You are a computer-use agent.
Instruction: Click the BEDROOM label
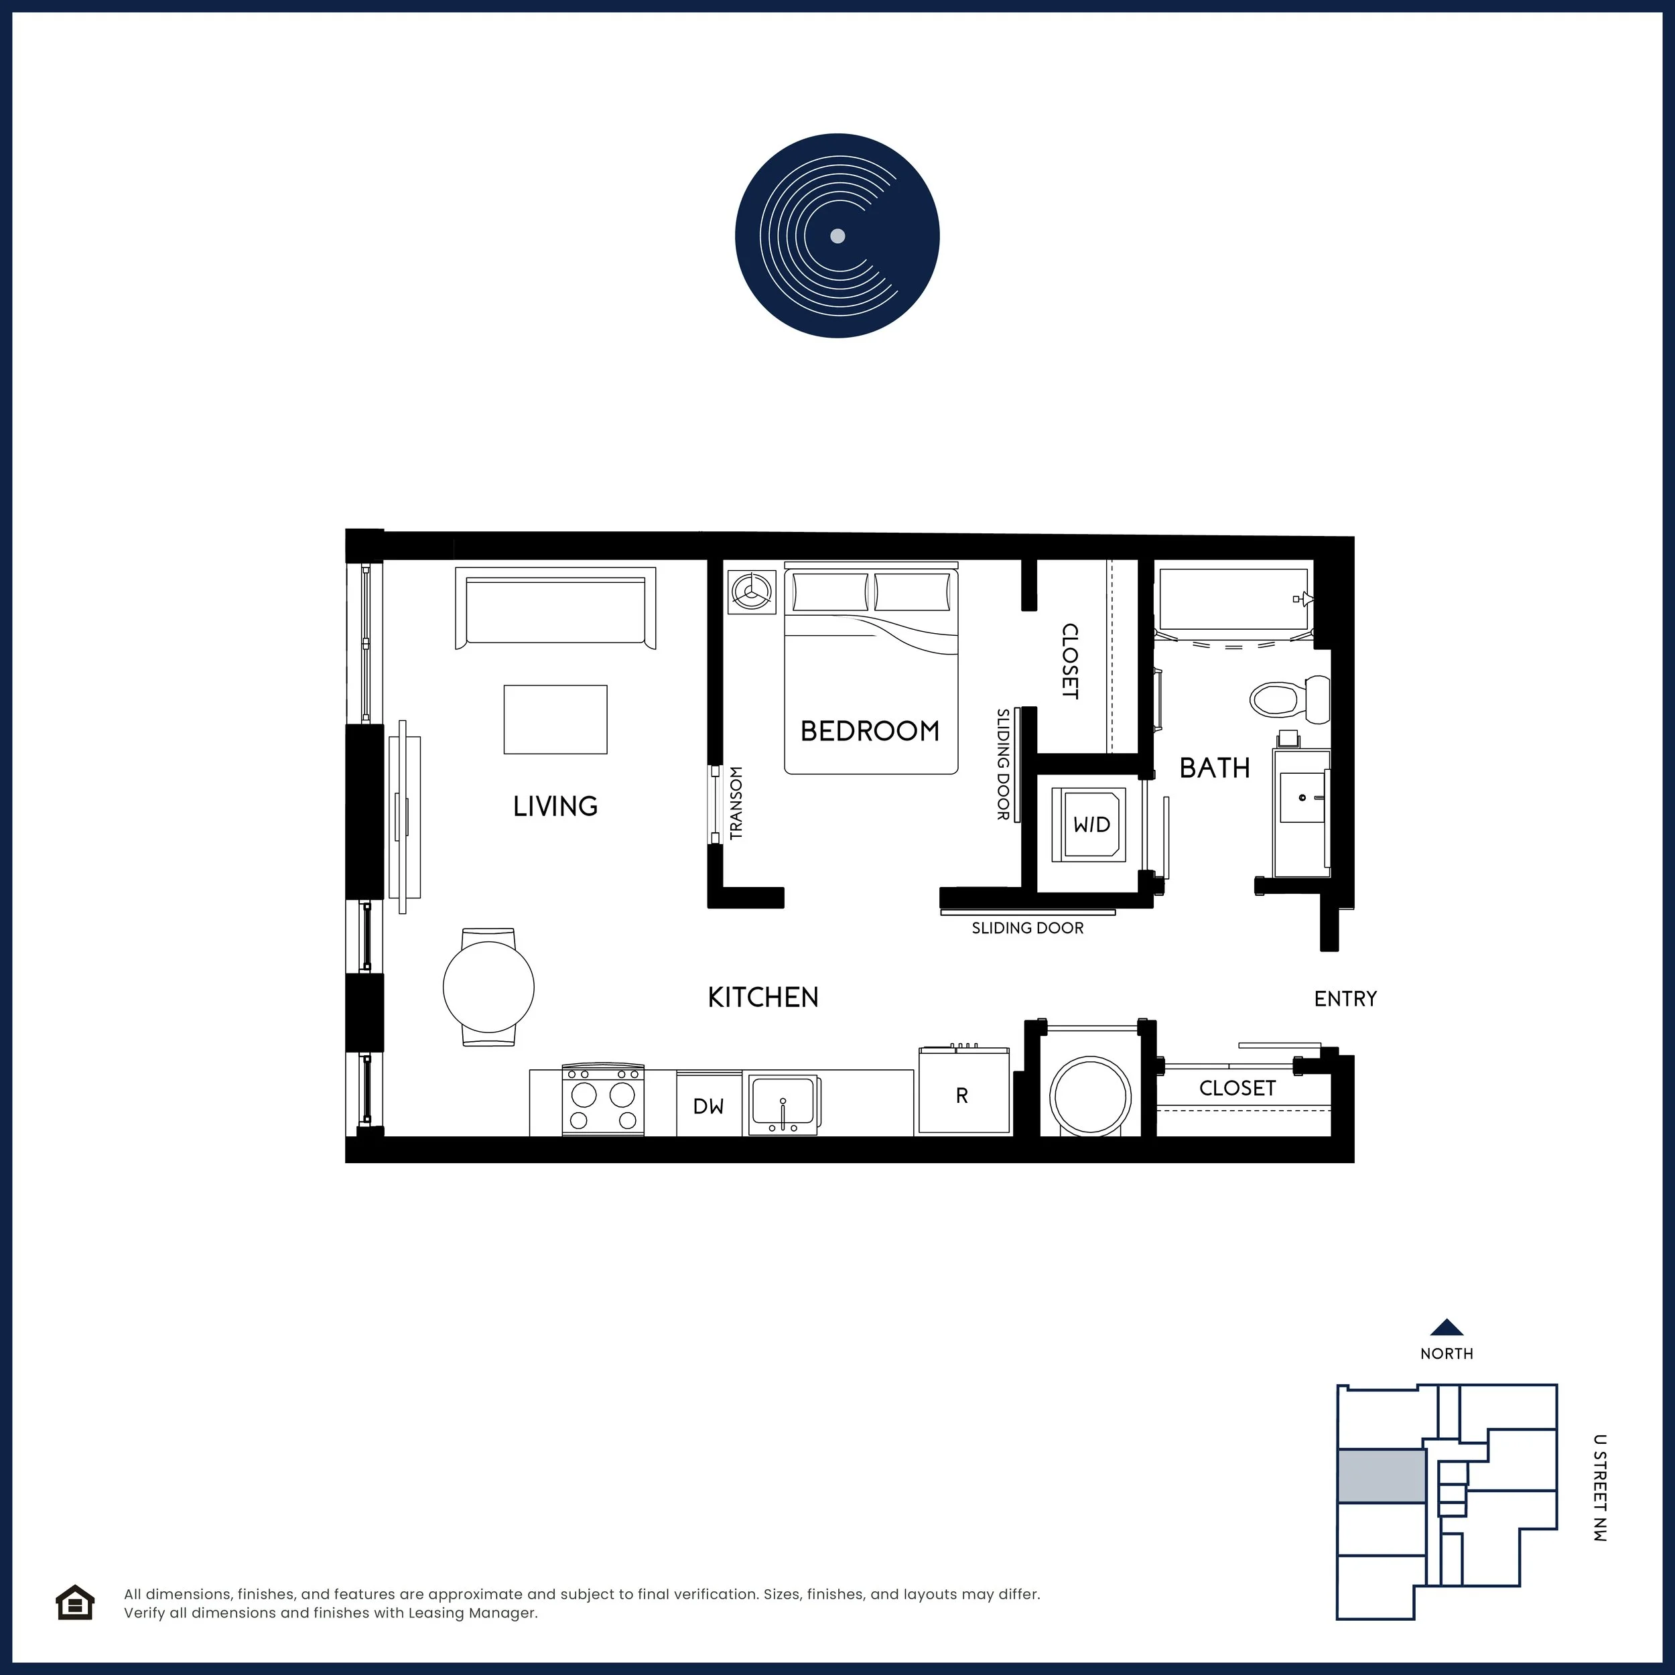click(870, 731)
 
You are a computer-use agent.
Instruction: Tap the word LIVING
click(555, 806)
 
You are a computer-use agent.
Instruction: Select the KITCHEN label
click(763, 997)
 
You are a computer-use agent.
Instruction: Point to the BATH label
click(1215, 767)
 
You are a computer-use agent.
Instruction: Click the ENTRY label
click(1345, 999)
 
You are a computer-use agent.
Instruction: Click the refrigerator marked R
click(964, 1090)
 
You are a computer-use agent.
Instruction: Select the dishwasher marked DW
click(709, 1103)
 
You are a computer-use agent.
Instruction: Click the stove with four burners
click(604, 1099)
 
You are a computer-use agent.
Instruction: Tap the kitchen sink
click(784, 1103)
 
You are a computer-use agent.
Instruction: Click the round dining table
click(489, 987)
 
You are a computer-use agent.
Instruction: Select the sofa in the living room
click(555, 608)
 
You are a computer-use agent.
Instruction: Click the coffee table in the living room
click(555, 720)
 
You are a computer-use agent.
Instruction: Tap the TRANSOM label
click(736, 803)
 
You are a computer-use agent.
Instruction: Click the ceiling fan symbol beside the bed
click(751, 592)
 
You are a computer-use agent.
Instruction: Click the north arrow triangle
click(1447, 1327)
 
